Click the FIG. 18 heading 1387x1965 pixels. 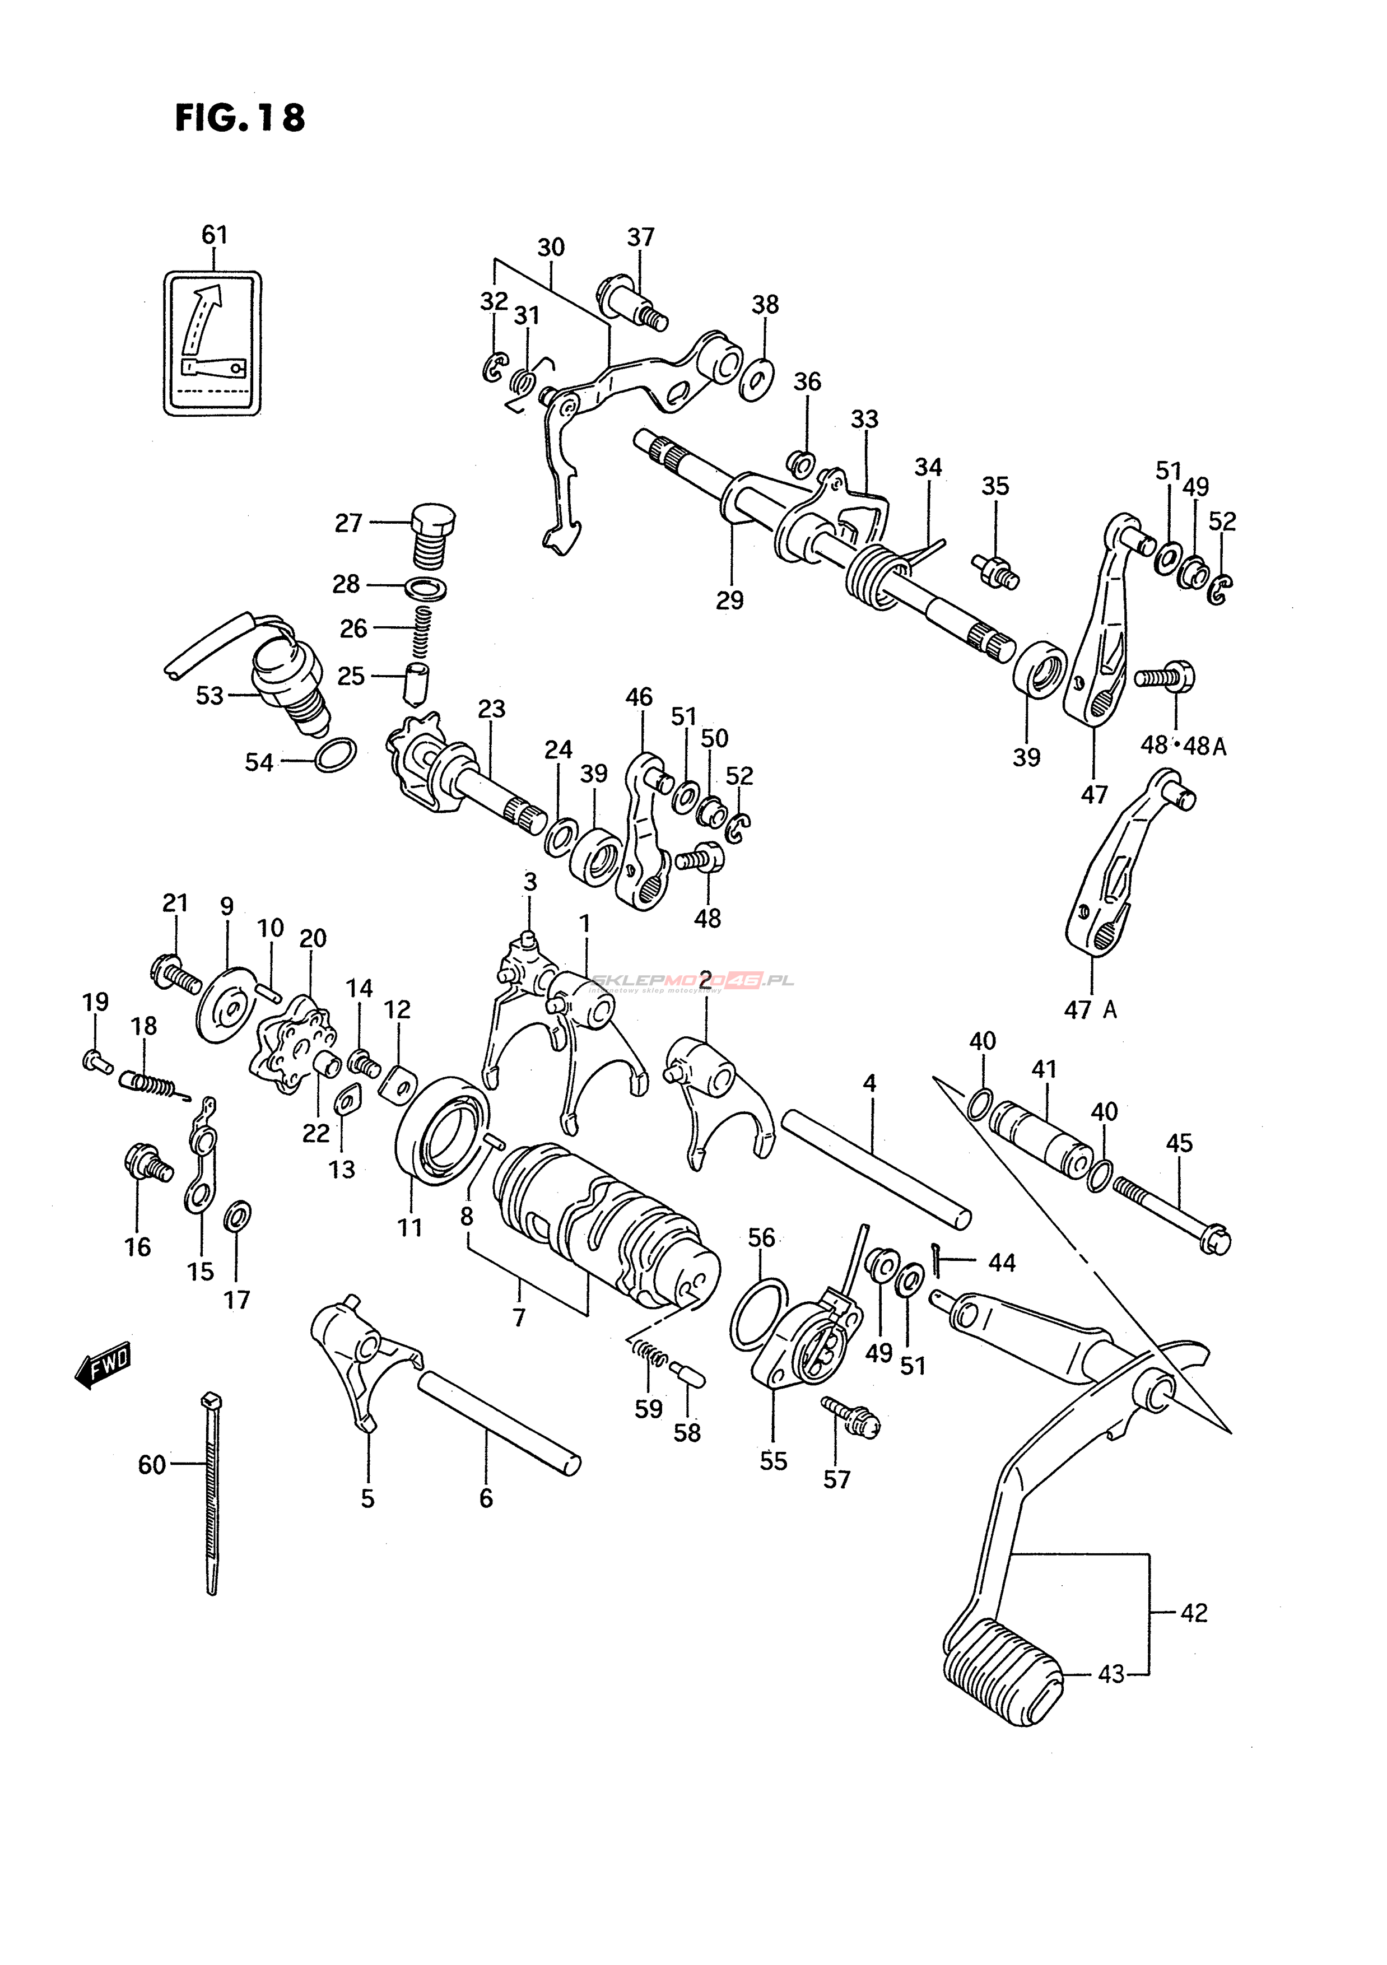[x=240, y=118]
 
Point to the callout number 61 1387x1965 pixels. [x=215, y=235]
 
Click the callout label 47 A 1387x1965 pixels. [x=1090, y=1010]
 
